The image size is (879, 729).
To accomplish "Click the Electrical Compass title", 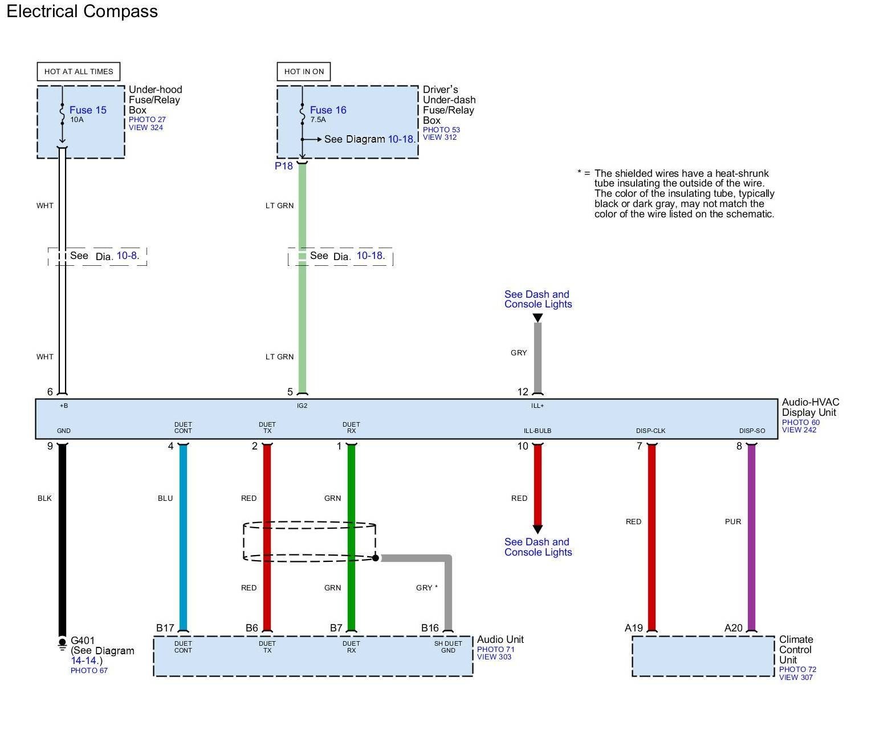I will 82,11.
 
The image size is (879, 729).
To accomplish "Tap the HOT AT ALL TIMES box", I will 79,71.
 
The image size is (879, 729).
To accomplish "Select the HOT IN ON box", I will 304,71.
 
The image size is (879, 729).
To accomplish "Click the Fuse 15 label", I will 88,110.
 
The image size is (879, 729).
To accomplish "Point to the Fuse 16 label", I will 328,110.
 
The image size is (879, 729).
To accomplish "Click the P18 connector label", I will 283,166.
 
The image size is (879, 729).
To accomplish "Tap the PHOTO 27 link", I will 147,120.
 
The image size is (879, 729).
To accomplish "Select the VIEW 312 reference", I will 439,137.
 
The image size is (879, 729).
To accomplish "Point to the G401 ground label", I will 83,641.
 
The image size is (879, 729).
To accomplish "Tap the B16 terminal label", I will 430,628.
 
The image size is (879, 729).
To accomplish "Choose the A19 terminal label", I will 633,628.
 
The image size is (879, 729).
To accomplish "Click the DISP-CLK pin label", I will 650,431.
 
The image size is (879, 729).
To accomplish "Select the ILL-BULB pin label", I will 538,431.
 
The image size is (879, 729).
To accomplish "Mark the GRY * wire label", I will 427,588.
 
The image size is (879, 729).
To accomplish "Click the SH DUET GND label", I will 448,647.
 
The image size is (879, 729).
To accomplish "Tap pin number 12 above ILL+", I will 523,392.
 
